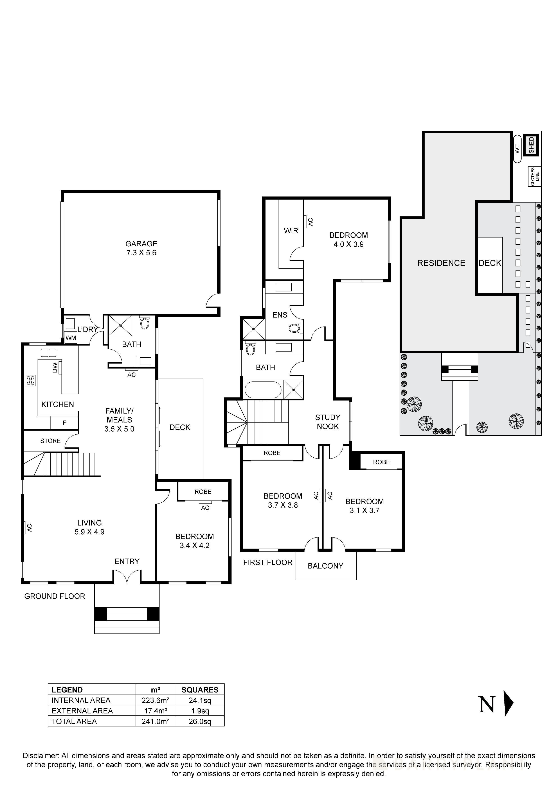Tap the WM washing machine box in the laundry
click(x=71, y=338)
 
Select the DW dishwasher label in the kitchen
click(x=55, y=368)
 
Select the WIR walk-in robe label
click(x=291, y=231)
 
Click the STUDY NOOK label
click(x=328, y=422)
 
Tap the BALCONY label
click(x=325, y=566)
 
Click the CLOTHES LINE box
click(x=535, y=177)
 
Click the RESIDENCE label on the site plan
click(x=441, y=263)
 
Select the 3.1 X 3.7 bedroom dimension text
click(x=364, y=511)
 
